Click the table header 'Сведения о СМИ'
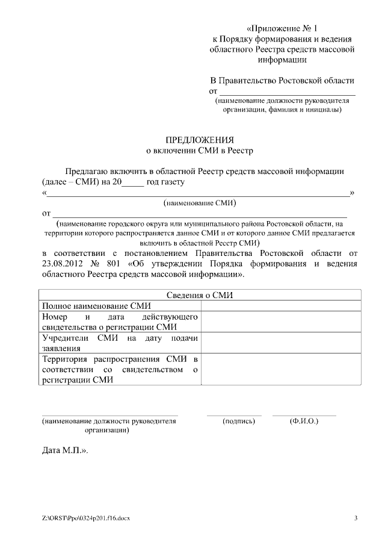(199, 295)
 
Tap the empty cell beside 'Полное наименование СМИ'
(281, 306)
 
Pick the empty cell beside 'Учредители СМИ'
(281, 343)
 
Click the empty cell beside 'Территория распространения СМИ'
(281, 370)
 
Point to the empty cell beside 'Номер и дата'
(281, 322)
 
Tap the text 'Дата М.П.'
(64, 450)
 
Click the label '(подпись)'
(239, 421)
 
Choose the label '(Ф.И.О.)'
(304, 421)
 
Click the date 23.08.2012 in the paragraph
(64, 263)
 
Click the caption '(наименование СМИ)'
(200, 203)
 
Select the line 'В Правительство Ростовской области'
(282, 81)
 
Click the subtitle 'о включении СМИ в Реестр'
(200, 151)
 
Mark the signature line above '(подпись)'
(234, 415)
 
